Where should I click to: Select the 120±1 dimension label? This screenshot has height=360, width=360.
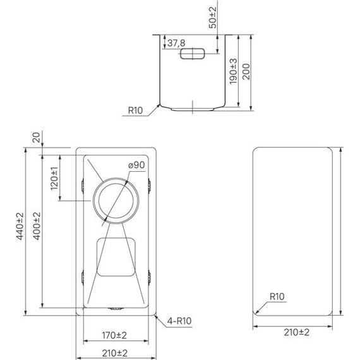54,179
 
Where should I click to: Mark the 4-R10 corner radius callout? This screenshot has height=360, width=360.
180,321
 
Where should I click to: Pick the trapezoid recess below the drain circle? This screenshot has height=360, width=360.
116,257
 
